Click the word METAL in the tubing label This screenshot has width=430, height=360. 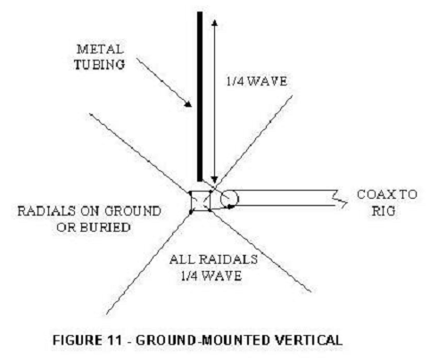100,49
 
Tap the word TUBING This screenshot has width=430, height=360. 99,64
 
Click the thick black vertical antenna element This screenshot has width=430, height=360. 200,96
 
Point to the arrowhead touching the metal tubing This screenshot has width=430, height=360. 188,103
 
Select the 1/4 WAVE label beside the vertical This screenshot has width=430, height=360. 257,81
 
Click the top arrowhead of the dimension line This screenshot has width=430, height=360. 215,23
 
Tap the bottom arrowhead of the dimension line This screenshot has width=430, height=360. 214,180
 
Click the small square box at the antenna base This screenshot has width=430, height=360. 201,201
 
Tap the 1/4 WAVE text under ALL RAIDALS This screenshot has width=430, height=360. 211,276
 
